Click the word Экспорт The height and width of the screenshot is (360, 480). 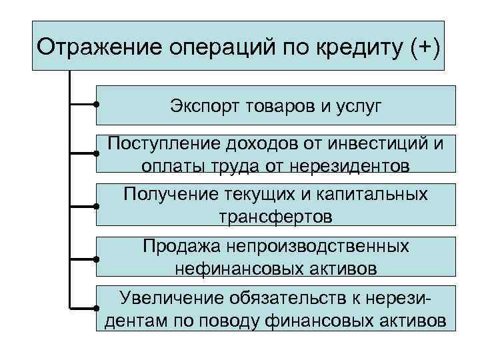pyautogui.click(x=204, y=106)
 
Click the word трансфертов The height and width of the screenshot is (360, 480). pyautogui.click(x=274, y=216)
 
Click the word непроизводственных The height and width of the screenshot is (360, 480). pyautogui.click(x=319, y=248)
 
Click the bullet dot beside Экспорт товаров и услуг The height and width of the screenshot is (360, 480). pyautogui.click(x=97, y=105)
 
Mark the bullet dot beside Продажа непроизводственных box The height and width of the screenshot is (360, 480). pyautogui.click(x=97, y=259)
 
